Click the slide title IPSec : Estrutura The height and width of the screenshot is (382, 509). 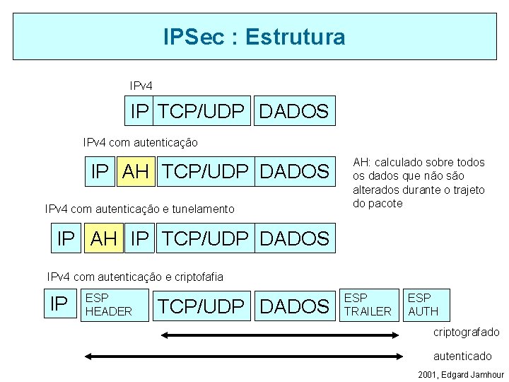click(x=254, y=36)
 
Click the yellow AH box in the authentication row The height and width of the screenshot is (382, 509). click(x=136, y=171)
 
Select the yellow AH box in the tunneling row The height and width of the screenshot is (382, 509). click(x=104, y=238)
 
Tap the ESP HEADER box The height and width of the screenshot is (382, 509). click(x=115, y=304)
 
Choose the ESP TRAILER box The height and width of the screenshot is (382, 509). click(x=368, y=304)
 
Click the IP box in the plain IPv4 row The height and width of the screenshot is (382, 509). click(x=140, y=111)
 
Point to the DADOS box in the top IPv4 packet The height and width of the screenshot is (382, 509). click(x=294, y=111)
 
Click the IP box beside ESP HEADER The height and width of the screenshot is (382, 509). click(x=59, y=304)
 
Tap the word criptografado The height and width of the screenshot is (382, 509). click(x=466, y=332)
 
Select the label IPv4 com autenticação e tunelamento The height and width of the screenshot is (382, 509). click(x=139, y=209)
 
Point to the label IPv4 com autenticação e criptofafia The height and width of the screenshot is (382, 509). click(x=134, y=276)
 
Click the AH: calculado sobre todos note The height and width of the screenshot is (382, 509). click(x=419, y=183)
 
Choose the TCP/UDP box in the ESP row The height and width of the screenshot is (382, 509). click(x=202, y=306)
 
